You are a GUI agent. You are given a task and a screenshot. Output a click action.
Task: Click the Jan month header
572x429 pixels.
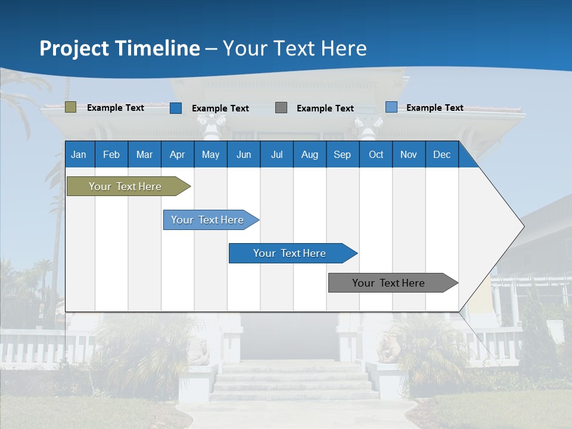click(x=79, y=154)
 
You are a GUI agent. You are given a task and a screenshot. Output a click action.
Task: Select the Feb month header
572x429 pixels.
click(x=111, y=154)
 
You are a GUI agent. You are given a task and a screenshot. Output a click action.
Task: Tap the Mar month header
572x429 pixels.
click(x=144, y=154)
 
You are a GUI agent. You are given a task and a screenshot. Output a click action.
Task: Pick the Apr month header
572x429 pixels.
click(x=178, y=154)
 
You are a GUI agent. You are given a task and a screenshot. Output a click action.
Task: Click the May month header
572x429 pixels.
click(x=210, y=154)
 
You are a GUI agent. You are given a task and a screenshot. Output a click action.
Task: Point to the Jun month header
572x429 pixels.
click(x=244, y=154)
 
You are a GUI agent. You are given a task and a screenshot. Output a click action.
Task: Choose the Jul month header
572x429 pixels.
click(x=276, y=154)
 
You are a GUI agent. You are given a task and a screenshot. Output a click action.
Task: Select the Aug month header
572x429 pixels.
click(x=310, y=154)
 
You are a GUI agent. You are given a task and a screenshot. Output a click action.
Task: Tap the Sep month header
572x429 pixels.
click(x=343, y=154)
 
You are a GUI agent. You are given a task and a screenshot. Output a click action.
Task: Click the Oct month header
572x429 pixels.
click(x=376, y=154)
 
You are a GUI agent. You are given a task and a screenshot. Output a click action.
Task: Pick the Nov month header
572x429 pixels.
click(x=409, y=154)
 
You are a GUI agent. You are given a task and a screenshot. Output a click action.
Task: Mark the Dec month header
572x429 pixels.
click(x=442, y=154)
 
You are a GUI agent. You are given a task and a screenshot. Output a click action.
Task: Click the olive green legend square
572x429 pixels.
click(x=70, y=107)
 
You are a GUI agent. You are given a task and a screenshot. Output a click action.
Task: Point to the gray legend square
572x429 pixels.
click(x=281, y=108)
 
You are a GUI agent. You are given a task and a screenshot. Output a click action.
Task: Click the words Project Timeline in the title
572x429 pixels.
click(x=120, y=48)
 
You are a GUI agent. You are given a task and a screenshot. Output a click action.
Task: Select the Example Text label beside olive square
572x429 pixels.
click(x=116, y=108)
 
